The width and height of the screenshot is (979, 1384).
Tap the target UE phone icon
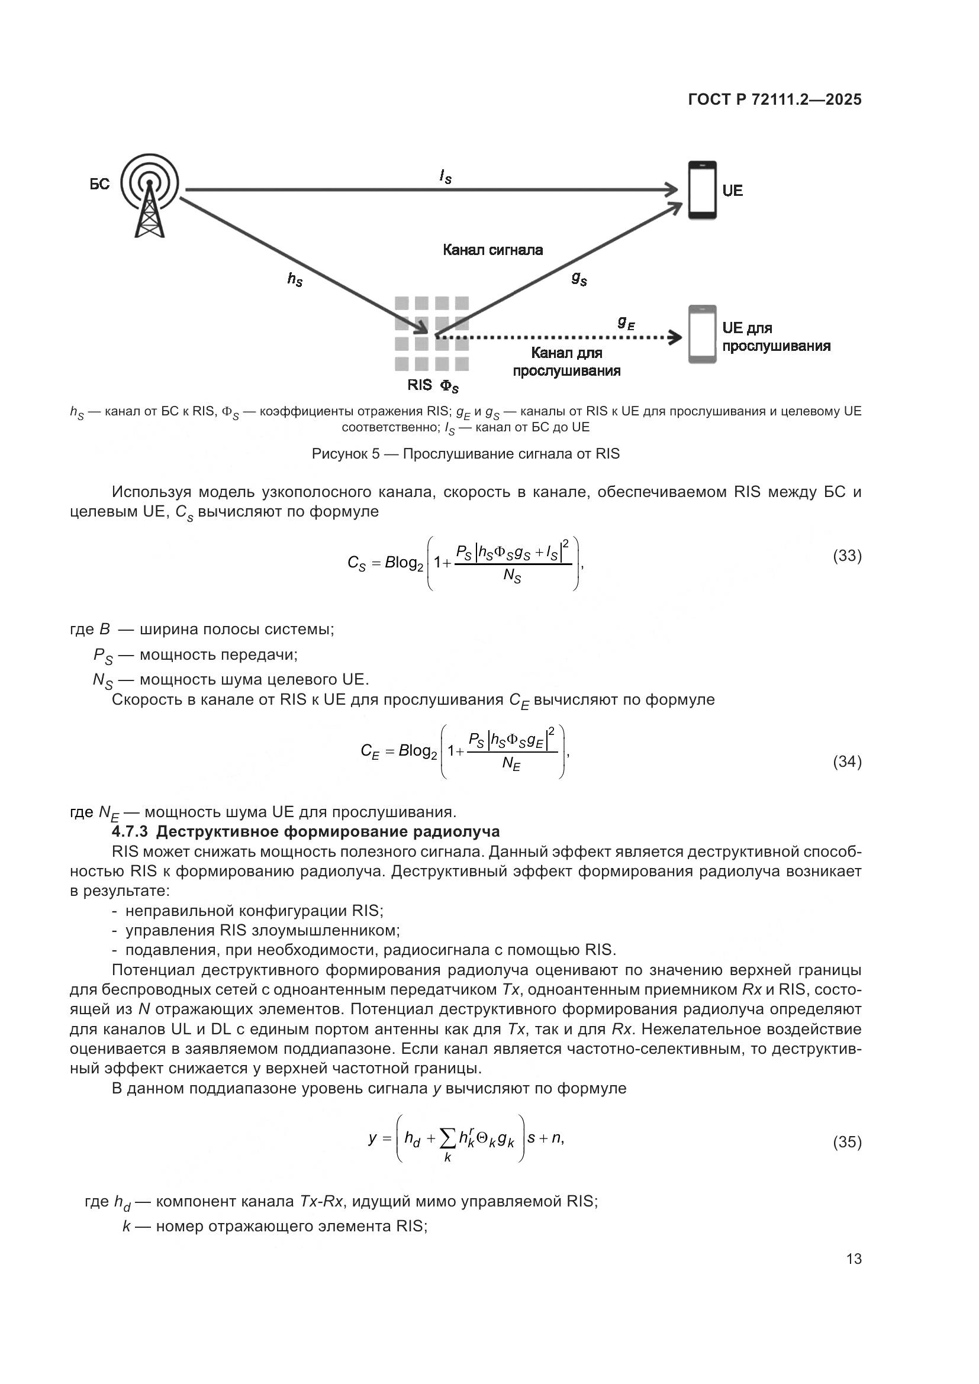coord(703,189)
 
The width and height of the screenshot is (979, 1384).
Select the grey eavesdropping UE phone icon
coord(703,334)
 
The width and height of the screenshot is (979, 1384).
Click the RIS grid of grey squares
coord(431,333)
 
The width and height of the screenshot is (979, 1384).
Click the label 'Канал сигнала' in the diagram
coord(492,250)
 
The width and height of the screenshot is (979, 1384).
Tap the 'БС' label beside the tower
coord(100,185)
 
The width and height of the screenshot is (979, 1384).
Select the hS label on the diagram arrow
coord(295,279)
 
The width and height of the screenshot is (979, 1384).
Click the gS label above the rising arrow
coord(579,278)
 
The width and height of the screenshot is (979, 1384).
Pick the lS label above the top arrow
coord(446,176)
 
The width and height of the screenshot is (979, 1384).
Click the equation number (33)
coord(847,556)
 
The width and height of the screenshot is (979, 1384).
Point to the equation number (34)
coord(847,762)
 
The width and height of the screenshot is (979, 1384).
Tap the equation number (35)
coord(847,1142)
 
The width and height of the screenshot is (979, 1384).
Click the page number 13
coord(854,1259)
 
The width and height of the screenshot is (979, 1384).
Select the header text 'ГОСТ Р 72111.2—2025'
coord(775,99)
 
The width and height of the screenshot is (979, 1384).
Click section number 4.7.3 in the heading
coord(130,832)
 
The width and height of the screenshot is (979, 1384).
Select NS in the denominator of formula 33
coord(512,576)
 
